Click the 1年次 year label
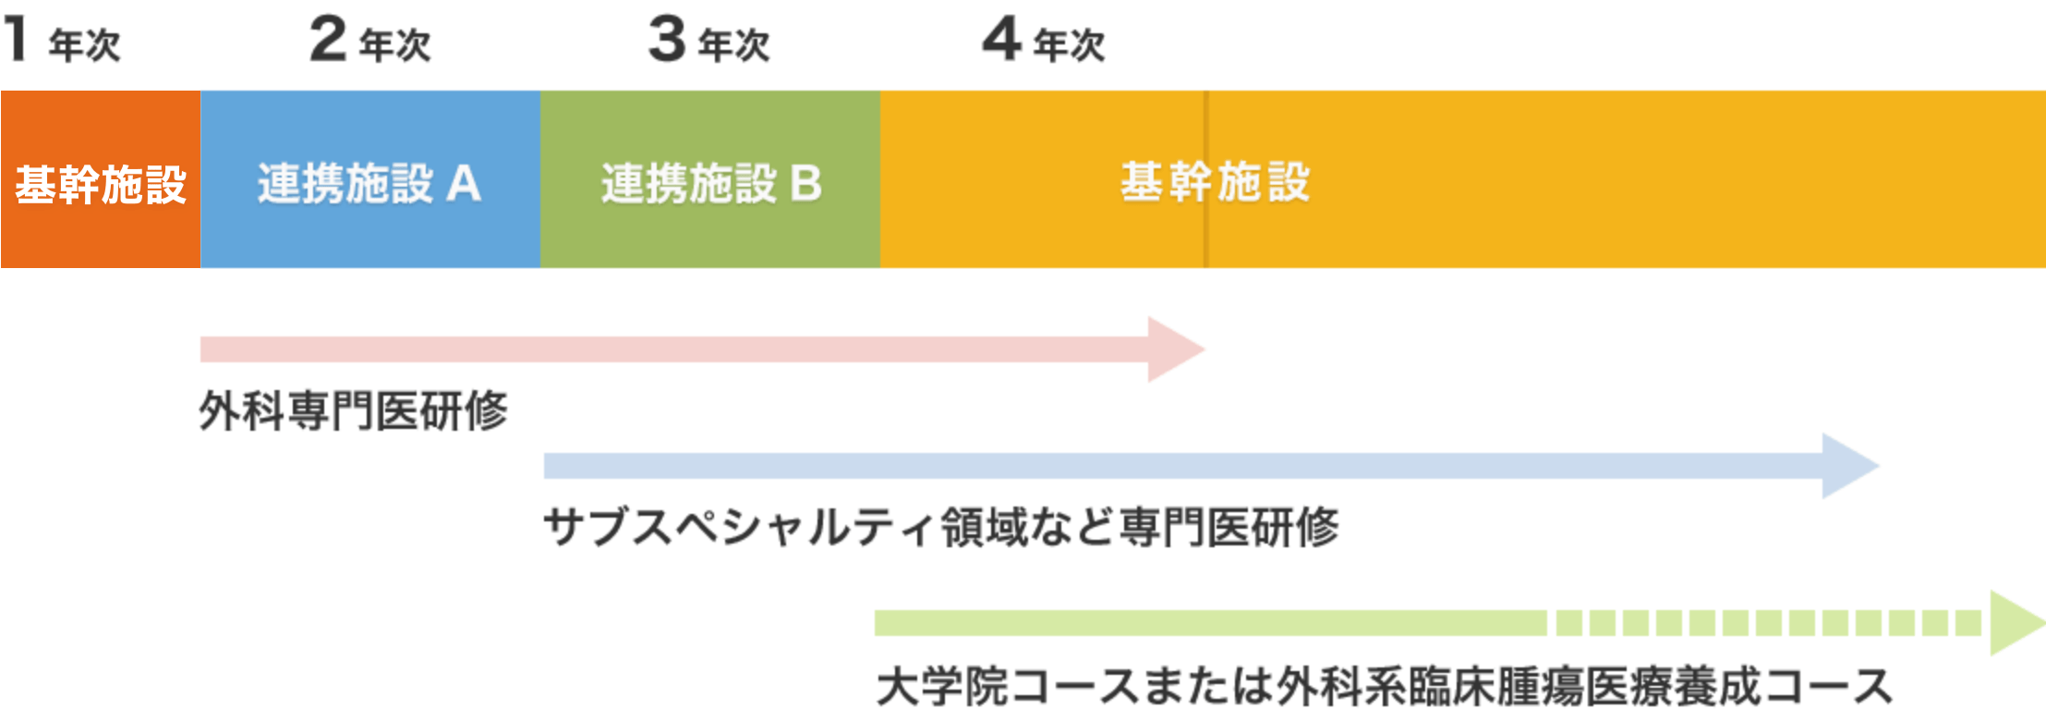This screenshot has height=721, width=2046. tap(62, 39)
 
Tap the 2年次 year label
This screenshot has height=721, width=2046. tap(370, 41)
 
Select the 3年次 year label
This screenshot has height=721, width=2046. tap(709, 41)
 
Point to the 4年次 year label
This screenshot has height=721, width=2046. tap(1044, 41)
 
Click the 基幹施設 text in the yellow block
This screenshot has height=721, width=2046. tap(1215, 181)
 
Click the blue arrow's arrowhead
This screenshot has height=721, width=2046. tap(1848, 466)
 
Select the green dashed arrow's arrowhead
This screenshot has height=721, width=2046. tap(2016, 623)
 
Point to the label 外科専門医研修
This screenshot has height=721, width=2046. tap(354, 410)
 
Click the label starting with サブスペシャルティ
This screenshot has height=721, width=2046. tap(940, 528)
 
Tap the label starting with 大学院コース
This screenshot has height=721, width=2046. tap(1383, 687)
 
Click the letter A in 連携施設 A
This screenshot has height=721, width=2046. tap(464, 183)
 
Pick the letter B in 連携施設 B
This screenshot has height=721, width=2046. tap(805, 183)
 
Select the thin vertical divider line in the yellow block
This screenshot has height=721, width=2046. tap(1205, 231)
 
